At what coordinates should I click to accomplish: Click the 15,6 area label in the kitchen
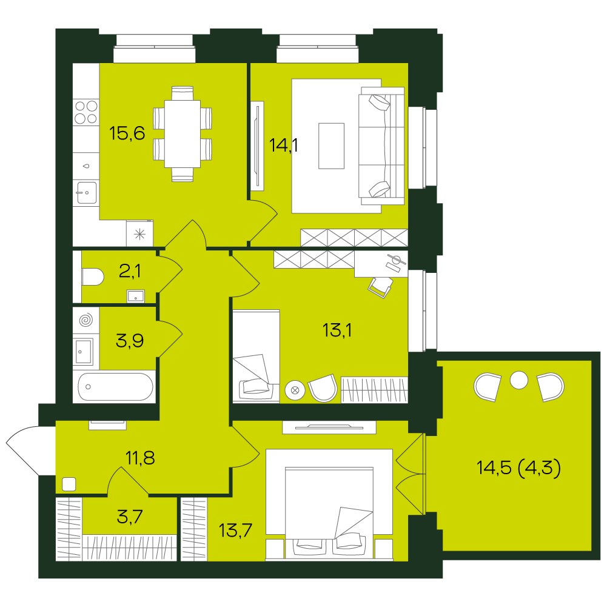(x=127, y=133)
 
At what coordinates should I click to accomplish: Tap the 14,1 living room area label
(x=283, y=146)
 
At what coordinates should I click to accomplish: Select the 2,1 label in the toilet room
(x=130, y=271)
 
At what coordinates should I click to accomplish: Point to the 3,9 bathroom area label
(x=130, y=341)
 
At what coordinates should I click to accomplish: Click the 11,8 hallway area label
(x=140, y=458)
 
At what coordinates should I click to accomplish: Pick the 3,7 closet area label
(x=130, y=517)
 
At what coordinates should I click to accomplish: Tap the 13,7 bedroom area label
(x=235, y=531)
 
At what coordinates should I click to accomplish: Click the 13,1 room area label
(x=337, y=330)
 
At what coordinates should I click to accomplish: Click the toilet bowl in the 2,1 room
(x=93, y=277)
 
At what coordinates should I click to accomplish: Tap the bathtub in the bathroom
(x=115, y=387)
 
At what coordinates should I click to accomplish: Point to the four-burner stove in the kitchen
(x=86, y=112)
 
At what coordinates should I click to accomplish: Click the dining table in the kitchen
(x=183, y=134)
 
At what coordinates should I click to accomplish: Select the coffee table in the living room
(x=331, y=146)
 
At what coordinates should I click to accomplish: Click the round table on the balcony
(x=518, y=380)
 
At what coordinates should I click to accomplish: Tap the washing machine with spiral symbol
(x=86, y=320)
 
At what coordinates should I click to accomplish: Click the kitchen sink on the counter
(x=86, y=193)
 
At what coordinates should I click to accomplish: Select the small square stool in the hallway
(x=69, y=485)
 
